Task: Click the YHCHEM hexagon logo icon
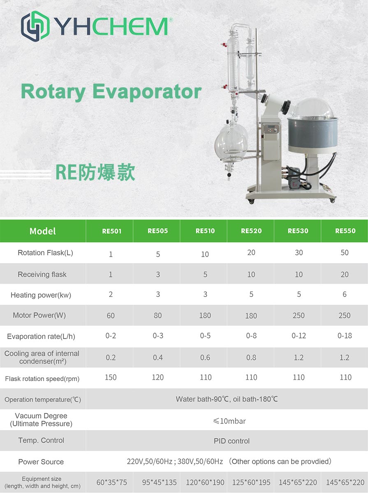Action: (35, 26)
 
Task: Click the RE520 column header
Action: (251, 231)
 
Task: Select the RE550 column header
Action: (345, 231)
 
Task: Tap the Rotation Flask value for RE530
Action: (299, 252)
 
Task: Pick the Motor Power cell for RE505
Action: (157, 315)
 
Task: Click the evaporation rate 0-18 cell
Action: (345, 336)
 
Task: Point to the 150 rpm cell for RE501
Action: (110, 377)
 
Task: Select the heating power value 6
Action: (345, 294)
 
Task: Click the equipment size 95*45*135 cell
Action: (159, 482)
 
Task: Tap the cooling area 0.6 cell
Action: (205, 357)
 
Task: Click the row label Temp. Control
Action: (41, 440)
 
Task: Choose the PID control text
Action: (231, 441)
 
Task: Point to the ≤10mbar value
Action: (229, 421)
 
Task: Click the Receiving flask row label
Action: (42, 274)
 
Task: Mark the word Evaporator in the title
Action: (147, 92)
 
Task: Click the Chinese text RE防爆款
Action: (95, 172)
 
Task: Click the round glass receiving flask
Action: (231, 142)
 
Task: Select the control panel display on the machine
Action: (271, 129)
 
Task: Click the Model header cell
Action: (42, 231)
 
